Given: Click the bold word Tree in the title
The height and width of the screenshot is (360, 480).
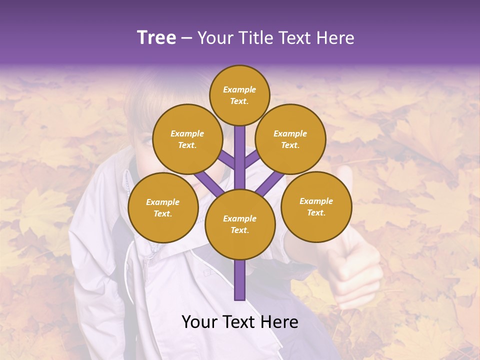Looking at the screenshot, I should point(156,37).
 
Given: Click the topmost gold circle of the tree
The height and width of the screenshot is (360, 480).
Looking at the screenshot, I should point(239,95).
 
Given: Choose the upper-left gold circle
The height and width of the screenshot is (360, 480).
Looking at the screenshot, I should point(187,139).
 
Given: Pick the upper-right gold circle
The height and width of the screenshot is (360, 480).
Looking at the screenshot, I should point(290,139).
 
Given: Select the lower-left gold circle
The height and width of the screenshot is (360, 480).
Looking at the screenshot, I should point(163,207).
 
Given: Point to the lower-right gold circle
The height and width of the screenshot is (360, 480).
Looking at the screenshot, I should point(316,206).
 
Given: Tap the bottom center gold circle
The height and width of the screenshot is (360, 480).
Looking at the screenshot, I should point(240,224).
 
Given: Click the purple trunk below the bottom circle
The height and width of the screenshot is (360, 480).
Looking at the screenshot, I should point(240,280).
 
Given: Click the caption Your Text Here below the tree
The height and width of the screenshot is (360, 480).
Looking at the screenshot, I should point(240,322).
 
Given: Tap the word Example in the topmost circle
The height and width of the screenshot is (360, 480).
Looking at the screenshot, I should point(239,89).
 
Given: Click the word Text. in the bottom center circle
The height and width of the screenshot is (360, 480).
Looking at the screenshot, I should point(239,230).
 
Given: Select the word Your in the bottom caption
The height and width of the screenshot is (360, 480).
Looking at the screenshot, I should point(198,322).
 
